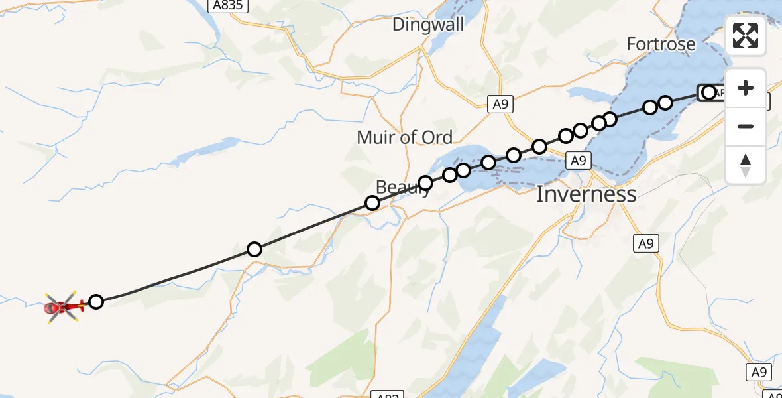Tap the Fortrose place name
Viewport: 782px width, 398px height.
tap(661, 44)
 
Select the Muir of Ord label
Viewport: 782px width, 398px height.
tap(404, 137)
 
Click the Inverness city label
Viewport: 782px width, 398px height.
tap(585, 194)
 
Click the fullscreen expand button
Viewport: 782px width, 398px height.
tap(746, 36)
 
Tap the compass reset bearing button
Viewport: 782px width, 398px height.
tap(746, 165)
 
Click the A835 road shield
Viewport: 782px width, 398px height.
tap(227, 6)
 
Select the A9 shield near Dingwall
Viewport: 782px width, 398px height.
tap(501, 104)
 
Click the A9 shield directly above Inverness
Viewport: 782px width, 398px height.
tap(579, 160)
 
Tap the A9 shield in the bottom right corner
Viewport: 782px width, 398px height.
tap(759, 372)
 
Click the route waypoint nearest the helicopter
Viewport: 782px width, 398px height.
tap(96, 302)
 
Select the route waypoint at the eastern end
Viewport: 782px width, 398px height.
tap(709, 92)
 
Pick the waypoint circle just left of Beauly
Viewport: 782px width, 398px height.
tap(372, 203)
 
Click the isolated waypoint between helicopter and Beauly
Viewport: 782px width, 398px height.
tap(254, 249)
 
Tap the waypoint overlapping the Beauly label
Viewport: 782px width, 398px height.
tap(425, 183)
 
